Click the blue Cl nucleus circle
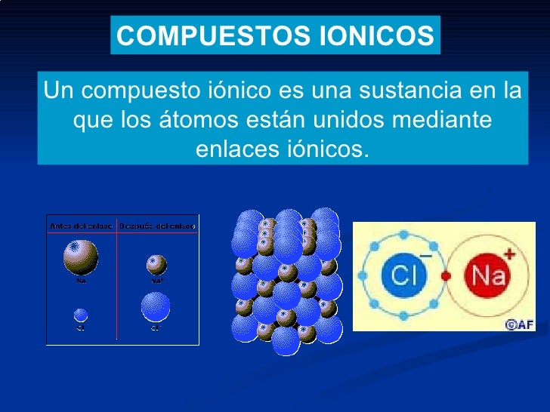403,275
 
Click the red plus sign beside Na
511,255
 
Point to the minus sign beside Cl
425,256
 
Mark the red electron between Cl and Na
446,275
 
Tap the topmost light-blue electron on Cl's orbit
403,233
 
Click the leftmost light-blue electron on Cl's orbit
362,276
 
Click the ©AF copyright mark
519,324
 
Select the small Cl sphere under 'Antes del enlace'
81,314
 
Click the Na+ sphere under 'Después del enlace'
157,265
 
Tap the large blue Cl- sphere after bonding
156,307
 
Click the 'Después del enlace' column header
158,226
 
